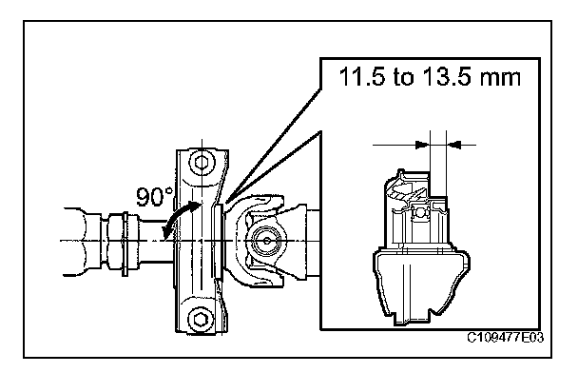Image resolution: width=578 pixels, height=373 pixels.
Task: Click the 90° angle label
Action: tap(154, 196)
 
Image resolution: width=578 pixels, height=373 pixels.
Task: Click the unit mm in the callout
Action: tap(501, 79)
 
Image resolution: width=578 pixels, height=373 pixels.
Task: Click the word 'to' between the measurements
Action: tap(404, 78)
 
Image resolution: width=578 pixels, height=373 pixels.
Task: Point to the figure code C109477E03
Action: tap(506, 338)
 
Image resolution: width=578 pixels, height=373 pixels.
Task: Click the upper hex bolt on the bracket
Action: tap(202, 162)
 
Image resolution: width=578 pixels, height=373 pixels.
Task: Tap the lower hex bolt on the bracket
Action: tap(201, 319)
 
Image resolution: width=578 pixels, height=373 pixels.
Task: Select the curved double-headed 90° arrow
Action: tap(179, 218)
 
